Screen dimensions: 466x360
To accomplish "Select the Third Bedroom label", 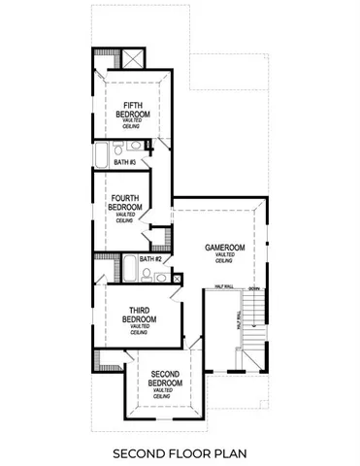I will click(x=133, y=315).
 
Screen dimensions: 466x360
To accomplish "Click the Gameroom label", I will click(x=223, y=248).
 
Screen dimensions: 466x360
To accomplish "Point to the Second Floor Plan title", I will click(x=179, y=452).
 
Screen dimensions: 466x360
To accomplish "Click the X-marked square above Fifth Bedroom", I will click(x=127, y=56).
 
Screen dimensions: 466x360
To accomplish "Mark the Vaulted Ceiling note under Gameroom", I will click(x=223, y=258).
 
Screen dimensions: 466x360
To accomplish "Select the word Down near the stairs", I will click(x=253, y=288).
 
